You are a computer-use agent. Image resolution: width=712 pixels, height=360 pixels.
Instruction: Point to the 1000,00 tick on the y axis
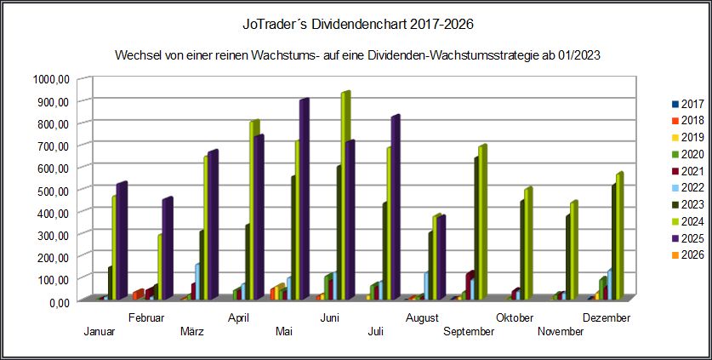pos(50,79)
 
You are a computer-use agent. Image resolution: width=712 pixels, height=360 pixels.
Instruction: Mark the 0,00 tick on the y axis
pos(58,301)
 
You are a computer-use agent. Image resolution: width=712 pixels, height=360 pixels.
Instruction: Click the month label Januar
pos(100,332)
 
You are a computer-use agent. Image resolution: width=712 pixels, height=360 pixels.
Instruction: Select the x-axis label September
pos(468,332)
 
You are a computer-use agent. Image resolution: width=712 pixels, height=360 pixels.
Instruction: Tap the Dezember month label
pos(606,318)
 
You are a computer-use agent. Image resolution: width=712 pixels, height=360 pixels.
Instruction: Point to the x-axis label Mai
pos(284,332)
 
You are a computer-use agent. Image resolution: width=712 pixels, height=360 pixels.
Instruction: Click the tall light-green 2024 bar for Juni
pos(345,196)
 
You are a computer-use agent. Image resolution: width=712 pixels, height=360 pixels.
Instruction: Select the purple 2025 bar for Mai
pos(303,200)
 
